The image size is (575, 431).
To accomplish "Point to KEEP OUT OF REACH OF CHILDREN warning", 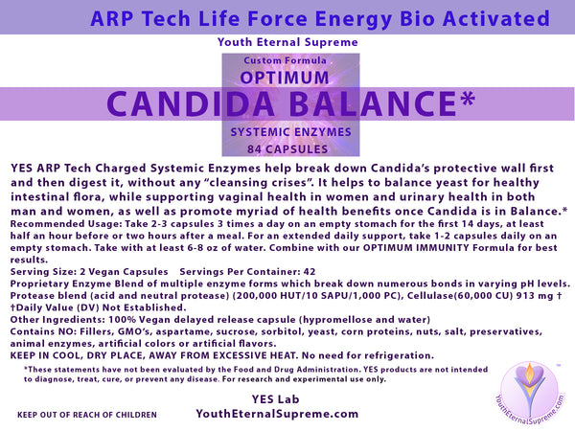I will [86, 416].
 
